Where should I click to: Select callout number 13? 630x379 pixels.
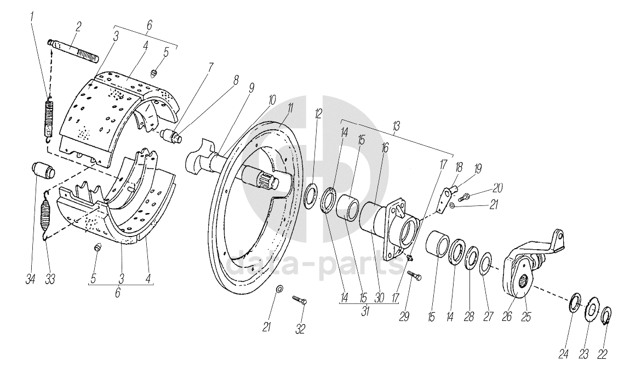396,126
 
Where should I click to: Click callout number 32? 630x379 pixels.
300,329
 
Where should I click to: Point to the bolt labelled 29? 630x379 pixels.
414,276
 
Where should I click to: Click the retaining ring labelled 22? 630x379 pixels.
606,317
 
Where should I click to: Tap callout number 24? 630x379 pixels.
564,354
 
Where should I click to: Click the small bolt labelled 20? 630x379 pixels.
465,196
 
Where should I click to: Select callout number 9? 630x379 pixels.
250,87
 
